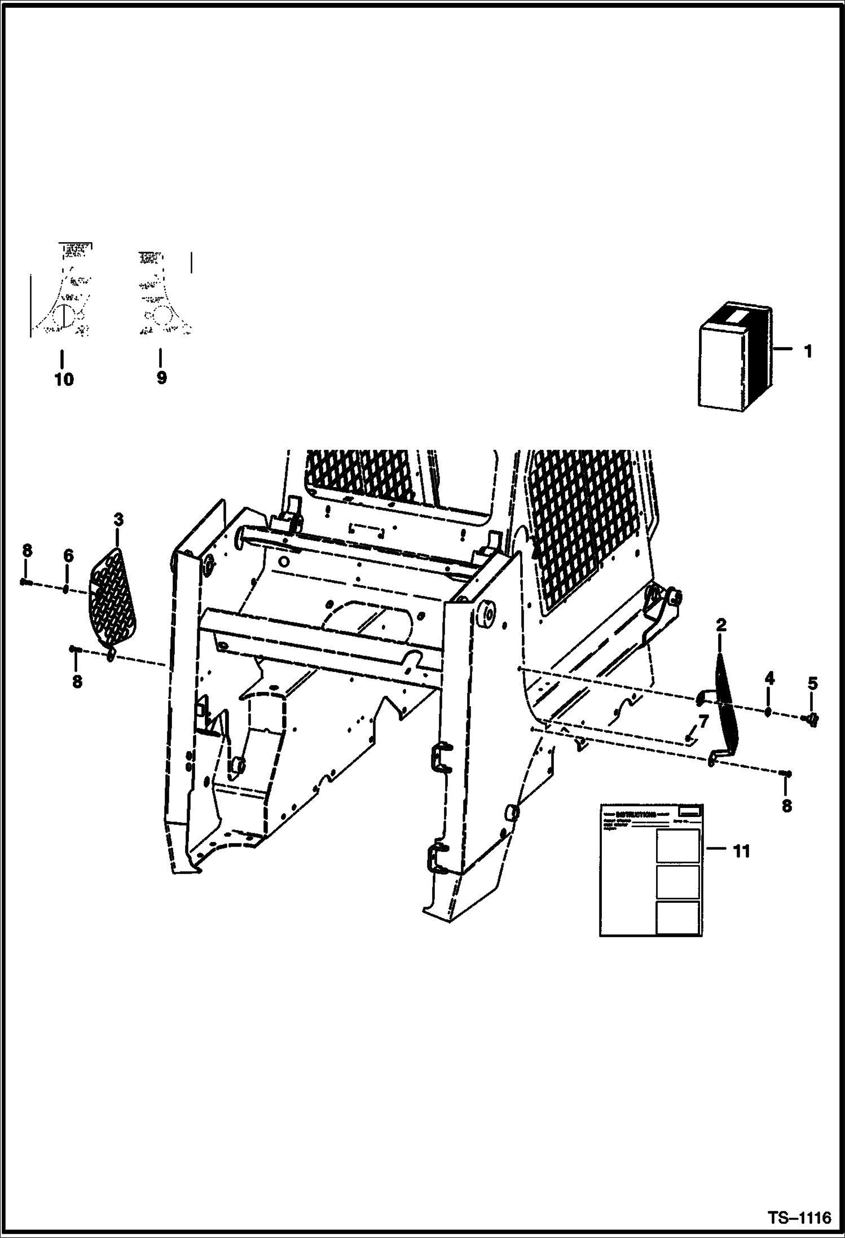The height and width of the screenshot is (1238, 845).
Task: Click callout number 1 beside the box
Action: point(808,352)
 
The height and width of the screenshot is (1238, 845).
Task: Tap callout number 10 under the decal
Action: point(64,379)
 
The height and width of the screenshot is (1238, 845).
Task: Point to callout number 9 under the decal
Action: point(161,377)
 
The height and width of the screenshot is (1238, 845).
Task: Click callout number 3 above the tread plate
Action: point(118,519)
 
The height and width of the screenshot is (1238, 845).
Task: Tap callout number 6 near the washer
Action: point(68,556)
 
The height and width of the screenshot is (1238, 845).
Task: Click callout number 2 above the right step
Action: point(721,625)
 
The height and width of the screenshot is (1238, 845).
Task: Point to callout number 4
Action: point(769,678)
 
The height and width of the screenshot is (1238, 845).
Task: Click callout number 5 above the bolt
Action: point(812,683)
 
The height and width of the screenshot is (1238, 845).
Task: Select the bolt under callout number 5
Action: point(812,718)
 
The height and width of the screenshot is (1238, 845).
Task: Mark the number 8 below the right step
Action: point(786,806)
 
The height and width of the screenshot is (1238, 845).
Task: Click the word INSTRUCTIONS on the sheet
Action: point(636,814)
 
